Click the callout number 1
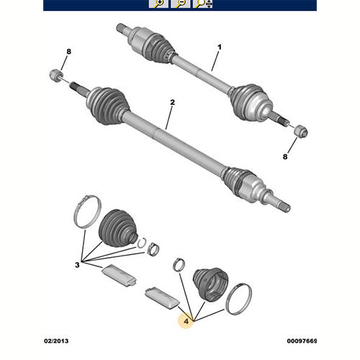(x=220, y=47)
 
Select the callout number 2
(x=172, y=102)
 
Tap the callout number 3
(x=77, y=265)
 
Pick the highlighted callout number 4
(x=186, y=321)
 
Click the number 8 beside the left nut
(x=69, y=52)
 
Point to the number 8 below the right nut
(x=285, y=157)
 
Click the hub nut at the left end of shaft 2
(x=56, y=75)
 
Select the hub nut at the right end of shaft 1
(x=301, y=132)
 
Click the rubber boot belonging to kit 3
(x=117, y=228)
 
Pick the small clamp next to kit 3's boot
(x=153, y=250)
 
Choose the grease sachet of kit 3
(x=119, y=276)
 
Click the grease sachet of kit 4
(x=162, y=298)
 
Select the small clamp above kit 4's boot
(x=179, y=265)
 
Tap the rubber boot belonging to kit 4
(x=210, y=284)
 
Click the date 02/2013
(x=56, y=341)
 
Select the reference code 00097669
(x=302, y=341)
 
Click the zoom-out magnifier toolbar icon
(x=180, y=4)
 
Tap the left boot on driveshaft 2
(x=108, y=106)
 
